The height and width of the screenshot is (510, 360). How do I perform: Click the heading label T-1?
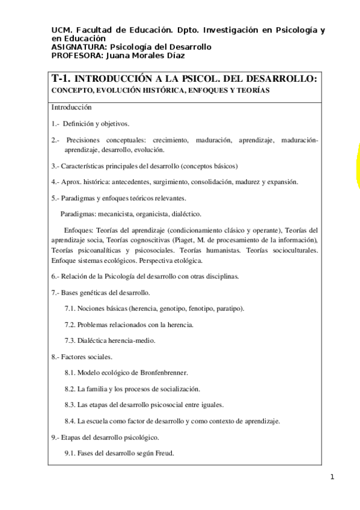63,78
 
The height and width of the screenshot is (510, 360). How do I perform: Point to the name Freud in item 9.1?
163,453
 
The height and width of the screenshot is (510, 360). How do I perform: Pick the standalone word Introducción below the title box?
71,107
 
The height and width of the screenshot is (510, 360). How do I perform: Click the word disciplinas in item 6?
221,276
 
